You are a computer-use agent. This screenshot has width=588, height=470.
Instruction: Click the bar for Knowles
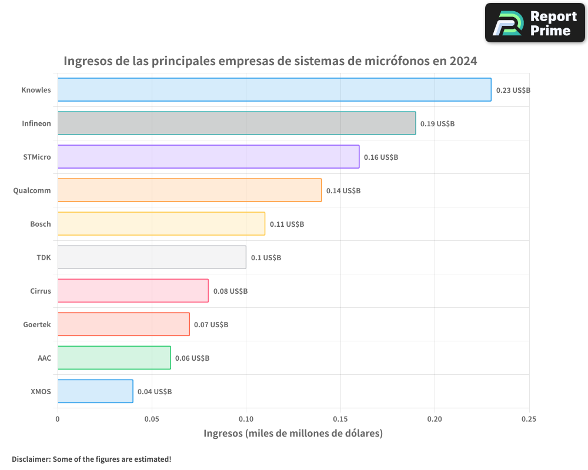tap(274, 90)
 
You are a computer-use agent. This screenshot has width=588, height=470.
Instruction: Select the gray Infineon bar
tap(236, 123)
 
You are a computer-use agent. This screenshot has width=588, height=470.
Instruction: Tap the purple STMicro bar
tap(208, 157)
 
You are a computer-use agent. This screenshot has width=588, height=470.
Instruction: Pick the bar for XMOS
tap(95, 391)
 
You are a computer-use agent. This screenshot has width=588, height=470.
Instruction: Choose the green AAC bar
tap(114, 358)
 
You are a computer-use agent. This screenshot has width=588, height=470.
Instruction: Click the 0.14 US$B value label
tap(343, 191)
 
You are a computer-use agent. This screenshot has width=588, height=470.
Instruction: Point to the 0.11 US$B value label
tap(287, 224)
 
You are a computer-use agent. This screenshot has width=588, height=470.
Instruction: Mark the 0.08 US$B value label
tap(230, 291)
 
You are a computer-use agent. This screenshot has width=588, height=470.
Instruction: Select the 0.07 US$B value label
tap(211, 325)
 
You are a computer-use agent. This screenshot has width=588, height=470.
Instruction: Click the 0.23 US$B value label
tap(513, 90)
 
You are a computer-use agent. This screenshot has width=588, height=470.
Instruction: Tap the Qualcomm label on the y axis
tap(32, 190)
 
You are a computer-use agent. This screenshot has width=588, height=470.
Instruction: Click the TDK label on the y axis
tap(44, 257)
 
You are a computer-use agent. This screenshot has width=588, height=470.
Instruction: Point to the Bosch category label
tap(41, 224)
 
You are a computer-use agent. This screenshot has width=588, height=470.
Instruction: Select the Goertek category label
tap(37, 324)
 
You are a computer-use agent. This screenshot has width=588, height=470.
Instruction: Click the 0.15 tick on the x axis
tap(340, 419)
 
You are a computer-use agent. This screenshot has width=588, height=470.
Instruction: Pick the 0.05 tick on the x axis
tap(152, 419)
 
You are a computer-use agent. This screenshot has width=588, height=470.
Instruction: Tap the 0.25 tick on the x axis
tap(529, 419)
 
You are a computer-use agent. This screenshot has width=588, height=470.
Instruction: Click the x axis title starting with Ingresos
tap(293, 434)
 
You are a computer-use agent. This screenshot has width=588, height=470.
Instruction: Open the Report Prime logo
tap(534, 23)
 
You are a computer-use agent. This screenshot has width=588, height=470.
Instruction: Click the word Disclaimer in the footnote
tap(30, 459)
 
